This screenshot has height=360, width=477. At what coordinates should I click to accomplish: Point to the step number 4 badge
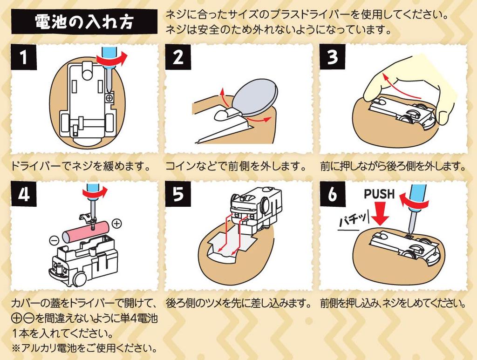point(23,194)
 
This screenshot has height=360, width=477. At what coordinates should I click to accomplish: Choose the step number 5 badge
point(177,194)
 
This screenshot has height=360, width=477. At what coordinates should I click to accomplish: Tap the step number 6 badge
point(332,194)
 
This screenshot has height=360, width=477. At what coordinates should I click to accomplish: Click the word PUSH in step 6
point(379,194)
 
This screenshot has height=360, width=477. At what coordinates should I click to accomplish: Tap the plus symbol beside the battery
point(117,224)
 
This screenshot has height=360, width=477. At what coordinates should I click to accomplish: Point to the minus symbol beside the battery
point(54,241)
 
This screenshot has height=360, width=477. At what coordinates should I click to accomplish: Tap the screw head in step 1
point(110,98)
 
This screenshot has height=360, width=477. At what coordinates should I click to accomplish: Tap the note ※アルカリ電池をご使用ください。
point(83,347)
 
